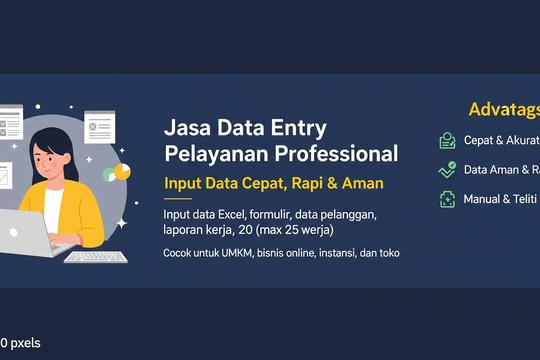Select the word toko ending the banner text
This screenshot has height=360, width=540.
click(388, 253)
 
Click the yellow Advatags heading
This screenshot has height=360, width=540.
click(503, 110)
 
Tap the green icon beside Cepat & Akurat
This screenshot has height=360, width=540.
click(447, 141)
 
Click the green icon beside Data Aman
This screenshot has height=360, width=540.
click(447, 170)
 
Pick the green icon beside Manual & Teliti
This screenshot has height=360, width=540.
click(447, 199)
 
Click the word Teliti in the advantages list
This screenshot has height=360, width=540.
click(521, 199)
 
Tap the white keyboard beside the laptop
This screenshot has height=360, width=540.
click(96, 256)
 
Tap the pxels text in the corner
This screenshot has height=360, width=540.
click(24, 343)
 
